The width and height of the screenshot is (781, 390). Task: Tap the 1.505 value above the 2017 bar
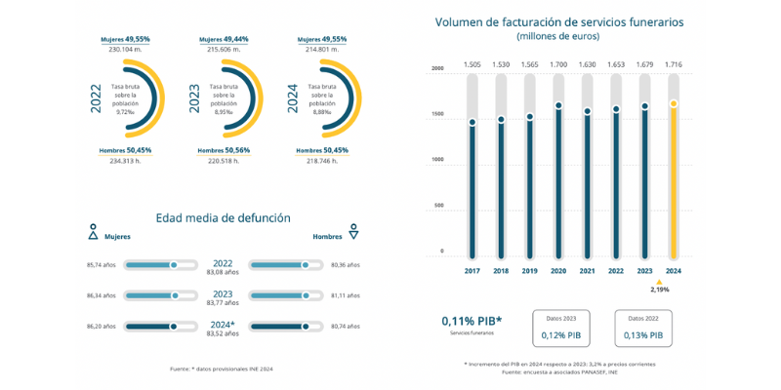coord(473,64)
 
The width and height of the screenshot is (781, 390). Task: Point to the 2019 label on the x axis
coord(529,271)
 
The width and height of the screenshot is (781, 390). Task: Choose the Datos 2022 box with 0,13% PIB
coord(643,329)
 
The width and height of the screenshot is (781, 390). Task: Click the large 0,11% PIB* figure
coord(473,320)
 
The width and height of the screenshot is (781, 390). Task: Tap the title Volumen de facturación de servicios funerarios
coord(559,20)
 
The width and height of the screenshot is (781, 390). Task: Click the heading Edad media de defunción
coord(223,217)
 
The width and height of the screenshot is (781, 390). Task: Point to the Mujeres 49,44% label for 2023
coord(224,39)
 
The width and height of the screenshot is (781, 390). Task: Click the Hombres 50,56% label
coord(224,150)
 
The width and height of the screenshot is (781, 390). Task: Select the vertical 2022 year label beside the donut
coord(96,97)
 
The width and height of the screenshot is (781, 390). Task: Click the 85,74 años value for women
coord(102,264)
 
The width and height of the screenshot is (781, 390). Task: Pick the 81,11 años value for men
coord(346,294)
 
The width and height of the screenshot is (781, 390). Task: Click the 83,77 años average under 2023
coord(223,303)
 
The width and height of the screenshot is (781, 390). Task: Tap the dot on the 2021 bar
coord(587,111)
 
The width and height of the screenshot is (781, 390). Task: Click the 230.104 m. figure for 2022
coord(126,49)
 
